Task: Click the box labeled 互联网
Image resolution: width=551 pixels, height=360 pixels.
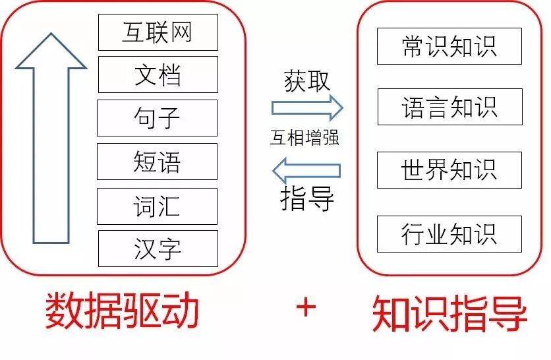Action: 158,32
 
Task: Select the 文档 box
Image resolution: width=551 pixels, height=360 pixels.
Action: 158,75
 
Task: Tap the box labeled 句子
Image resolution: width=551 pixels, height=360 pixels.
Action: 158,118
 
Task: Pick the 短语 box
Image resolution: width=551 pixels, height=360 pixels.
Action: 158,162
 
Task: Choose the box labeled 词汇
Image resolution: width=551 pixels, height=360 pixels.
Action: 158,206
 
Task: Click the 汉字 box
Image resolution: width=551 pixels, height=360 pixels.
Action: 158,249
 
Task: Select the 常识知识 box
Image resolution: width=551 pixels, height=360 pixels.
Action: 449,46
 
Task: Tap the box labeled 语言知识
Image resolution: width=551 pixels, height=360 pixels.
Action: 449,107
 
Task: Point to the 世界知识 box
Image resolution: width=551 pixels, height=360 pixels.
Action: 449,170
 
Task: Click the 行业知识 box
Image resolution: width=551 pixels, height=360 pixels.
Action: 449,234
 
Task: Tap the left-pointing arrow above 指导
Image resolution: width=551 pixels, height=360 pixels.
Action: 307,171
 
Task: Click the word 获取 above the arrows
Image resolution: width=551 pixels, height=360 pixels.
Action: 307,80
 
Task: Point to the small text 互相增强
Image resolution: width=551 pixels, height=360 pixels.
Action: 304,139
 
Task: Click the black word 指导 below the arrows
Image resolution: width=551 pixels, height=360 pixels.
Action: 307,197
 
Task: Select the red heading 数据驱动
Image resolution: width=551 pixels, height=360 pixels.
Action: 122,312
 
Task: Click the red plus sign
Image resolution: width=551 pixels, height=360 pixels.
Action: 305,307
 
